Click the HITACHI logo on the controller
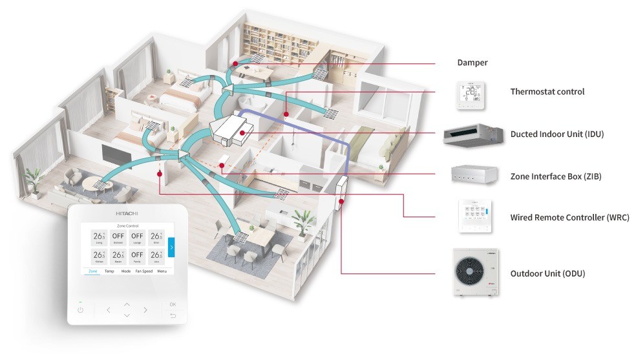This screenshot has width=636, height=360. pyautogui.click(x=127, y=213)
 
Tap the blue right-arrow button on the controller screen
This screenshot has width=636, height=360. pyautogui.click(x=171, y=246)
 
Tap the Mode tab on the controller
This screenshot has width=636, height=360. pyautogui.click(x=125, y=271)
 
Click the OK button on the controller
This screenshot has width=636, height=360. pyautogui.click(x=172, y=304)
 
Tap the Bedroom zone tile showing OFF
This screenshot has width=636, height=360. pyautogui.click(x=118, y=238)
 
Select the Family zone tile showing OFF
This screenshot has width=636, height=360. pyautogui.click(x=136, y=256)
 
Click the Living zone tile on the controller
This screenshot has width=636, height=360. pyautogui.click(x=99, y=238)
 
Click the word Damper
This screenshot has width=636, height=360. pyautogui.click(x=472, y=63)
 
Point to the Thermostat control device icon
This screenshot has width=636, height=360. pyautogui.click(x=470, y=95)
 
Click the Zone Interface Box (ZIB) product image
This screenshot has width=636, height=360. pyautogui.click(x=474, y=175)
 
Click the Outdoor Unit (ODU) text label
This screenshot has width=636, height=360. pyautogui.click(x=547, y=273)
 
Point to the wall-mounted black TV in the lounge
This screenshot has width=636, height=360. pyautogui.click(x=112, y=153)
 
